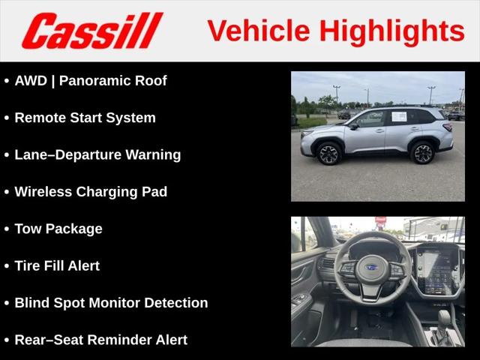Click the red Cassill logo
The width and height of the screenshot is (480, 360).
coord(92,31)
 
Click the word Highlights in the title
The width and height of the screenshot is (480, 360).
coord(392,31)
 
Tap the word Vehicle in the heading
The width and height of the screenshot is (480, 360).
coord(259,31)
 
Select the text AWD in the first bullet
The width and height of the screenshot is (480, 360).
coord(31,81)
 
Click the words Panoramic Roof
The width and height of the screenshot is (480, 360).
coord(113,81)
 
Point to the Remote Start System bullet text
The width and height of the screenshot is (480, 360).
coord(85,118)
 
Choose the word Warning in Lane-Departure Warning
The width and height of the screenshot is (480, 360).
coord(153,155)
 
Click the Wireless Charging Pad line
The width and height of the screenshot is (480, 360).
coord(91,192)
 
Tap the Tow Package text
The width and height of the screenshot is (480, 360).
coord(58,229)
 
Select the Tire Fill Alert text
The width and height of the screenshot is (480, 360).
coord(57,265)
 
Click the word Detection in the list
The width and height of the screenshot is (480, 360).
coord(176,303)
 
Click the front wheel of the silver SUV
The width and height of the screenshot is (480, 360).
coord(328,154)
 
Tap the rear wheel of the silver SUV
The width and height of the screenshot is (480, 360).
coord(422,153)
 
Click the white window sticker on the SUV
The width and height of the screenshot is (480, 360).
coord(399,117)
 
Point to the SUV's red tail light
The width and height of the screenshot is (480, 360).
coord(448,127)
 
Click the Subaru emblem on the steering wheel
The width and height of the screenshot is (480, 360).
coord(372,268)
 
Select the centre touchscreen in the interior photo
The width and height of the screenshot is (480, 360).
coord(436,271)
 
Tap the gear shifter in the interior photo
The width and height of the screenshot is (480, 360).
coord(443,325)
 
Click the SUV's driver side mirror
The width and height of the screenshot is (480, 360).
coord(353,126)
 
